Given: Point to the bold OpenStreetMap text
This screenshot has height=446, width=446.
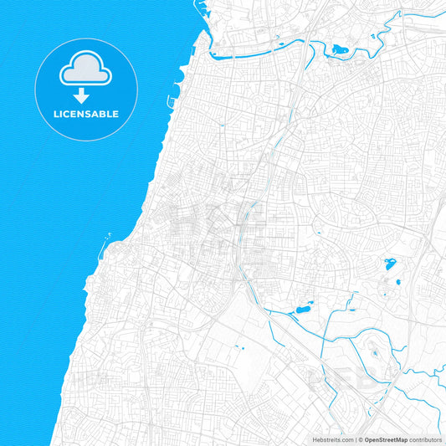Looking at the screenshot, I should click(385, 438).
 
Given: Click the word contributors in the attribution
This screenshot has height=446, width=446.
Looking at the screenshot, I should click(426, 438).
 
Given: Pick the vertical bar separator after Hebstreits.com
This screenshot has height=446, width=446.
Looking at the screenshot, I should click(354, 438).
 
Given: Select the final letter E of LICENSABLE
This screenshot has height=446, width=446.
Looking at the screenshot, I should click(115, 114).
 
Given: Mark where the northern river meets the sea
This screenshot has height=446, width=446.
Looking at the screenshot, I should click(211, 55).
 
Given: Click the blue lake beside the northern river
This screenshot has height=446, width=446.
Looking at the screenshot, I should click(341, 51).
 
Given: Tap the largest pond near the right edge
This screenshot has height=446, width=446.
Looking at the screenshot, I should click(391, 265).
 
